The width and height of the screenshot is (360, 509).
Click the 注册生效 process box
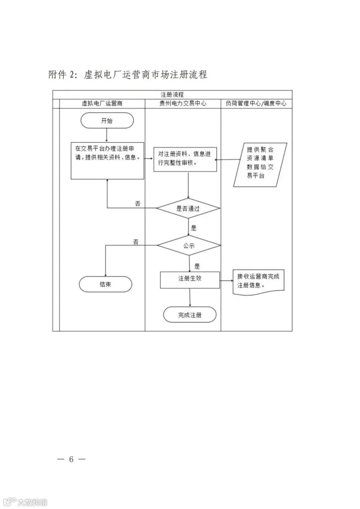(x=190, y=280)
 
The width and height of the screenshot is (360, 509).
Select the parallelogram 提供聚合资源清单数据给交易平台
(x=260, y=165)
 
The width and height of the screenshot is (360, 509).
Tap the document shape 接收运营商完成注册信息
(x=258, y=282)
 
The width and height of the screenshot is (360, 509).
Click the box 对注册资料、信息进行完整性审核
(x=185, y=159)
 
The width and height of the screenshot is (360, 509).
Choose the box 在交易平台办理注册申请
(x=108, y=161)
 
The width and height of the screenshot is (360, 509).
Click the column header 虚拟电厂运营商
(x=102, y=104)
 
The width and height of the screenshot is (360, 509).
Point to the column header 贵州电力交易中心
(x=183, y=104)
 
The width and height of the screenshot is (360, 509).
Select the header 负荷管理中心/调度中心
(x=256, y=104)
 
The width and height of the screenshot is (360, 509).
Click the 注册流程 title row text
(x=172, y=94)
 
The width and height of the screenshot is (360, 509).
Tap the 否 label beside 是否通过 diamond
(x=138, y=204)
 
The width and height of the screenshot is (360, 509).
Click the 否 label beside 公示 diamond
(x=136, y=242)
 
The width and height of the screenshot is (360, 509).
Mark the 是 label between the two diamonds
(x=194, y=228)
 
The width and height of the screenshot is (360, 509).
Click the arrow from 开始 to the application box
(x=106, y=136)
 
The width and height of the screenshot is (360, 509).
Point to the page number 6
(x=71, y=459)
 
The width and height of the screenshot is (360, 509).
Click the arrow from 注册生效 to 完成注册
(x=190, y=297)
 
